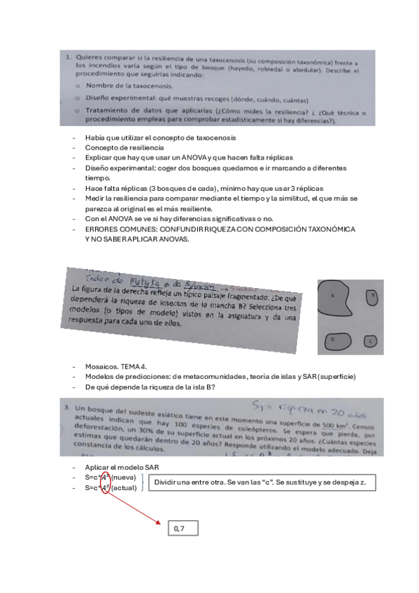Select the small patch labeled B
[x=373, y=296]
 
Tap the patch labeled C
[x=371, y=341]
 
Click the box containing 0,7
[x=182, y=529]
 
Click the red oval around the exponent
[x=106, y=482]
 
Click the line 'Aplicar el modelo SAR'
[x=119, y=466]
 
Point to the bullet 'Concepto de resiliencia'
[x=125, y=148]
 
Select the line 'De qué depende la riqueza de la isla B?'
[x=150, y=387]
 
